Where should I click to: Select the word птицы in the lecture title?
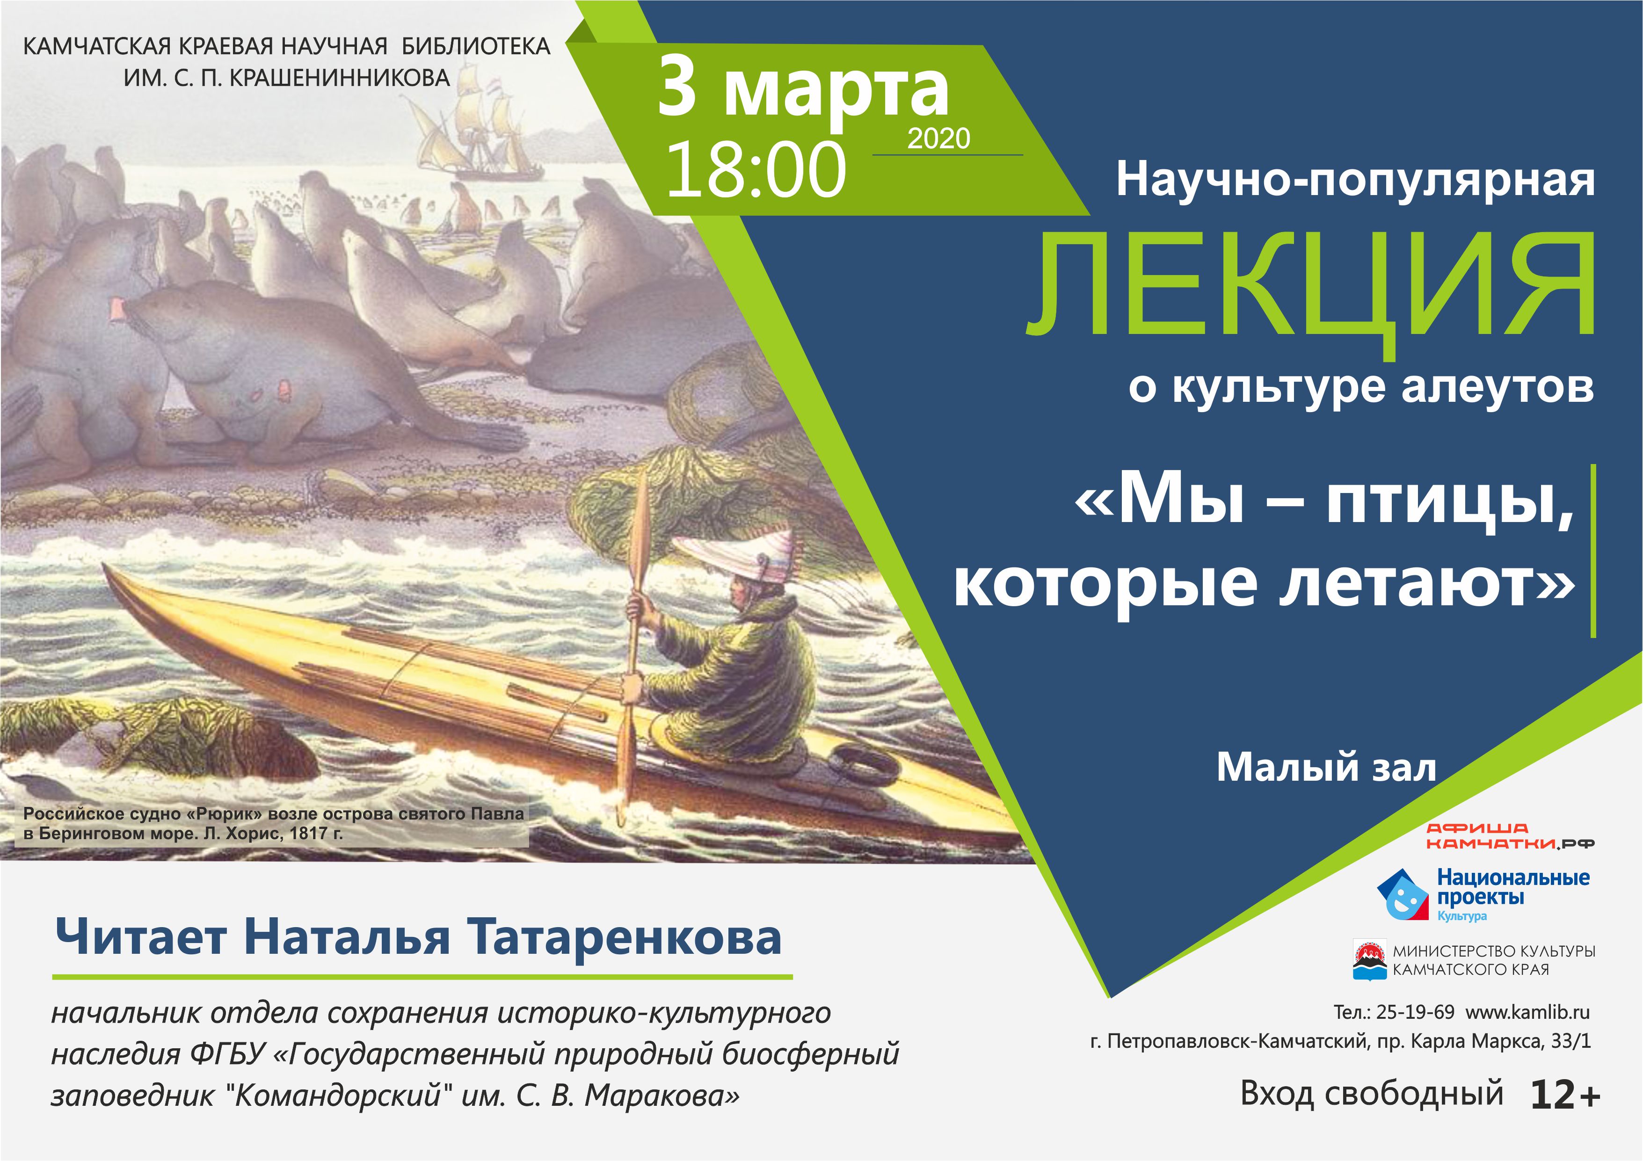[1451, 505]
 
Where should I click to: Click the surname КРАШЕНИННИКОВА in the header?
[340, 77]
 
